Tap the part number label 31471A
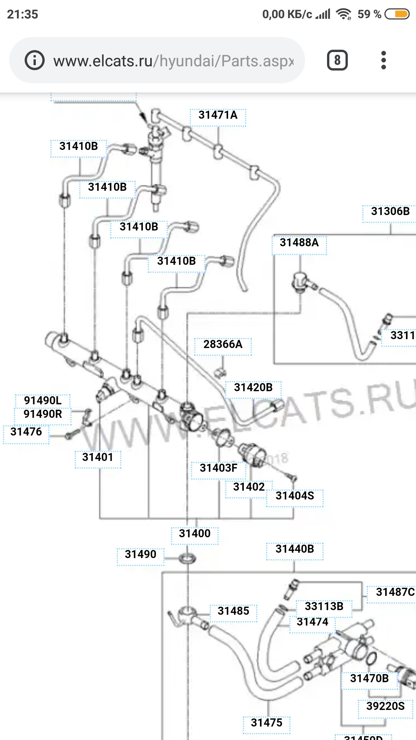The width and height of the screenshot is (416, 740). (x=218, y=115)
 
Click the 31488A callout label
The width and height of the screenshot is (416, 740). (x=299, y=243)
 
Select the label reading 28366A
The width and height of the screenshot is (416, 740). (x=223, y=344)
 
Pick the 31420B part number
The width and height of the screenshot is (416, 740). (x=253, y=387)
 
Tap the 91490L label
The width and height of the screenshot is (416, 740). (x=42, y=400)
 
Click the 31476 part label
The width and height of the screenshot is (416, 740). (x=26, y=432)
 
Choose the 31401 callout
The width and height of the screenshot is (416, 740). (x=98, y=457)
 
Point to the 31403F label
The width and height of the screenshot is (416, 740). (x=218, y=468)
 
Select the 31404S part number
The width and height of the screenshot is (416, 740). (x=295, y=496)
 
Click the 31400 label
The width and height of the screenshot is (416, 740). (x=195, y=533)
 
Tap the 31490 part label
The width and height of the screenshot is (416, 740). (x=141, y=555)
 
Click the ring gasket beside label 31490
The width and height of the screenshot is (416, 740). (x=188, y=558)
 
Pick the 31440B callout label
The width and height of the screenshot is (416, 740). (x=295, y=549)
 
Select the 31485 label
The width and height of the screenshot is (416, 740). (x=233, y=611)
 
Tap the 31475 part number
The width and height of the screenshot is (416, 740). (x=267, y=723)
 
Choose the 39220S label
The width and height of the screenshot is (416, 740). (x=385, y=706)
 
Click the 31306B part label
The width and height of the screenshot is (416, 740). (x=390, y=211)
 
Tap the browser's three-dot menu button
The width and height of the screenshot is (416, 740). (x=383, y=61)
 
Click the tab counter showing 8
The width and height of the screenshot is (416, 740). (x=337, y=61)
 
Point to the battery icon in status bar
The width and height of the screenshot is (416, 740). (x=397, y=14)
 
